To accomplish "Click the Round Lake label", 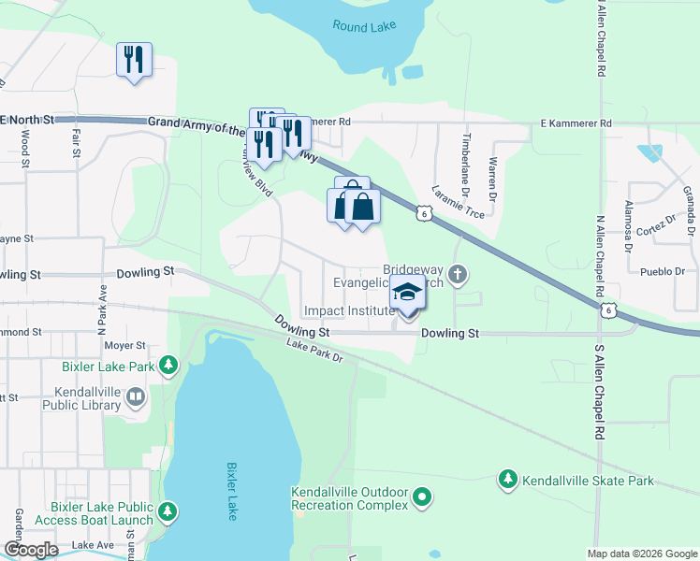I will (x=364, y=25).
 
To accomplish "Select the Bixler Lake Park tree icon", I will (x=168, y=365).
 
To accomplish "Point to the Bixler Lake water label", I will (x=232, y=491).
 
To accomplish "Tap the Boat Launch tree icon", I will (x=168, y=511).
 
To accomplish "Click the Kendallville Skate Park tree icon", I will (x=507, y=480).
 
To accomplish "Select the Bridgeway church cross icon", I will (x=457, y=275).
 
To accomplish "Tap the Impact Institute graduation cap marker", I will (x=407, y=295).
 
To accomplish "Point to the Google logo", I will (x=32, y=550).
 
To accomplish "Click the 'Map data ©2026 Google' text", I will (x=642, y=554).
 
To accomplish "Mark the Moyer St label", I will (x=125, y=345).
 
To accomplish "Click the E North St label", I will (x=28, y=120).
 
